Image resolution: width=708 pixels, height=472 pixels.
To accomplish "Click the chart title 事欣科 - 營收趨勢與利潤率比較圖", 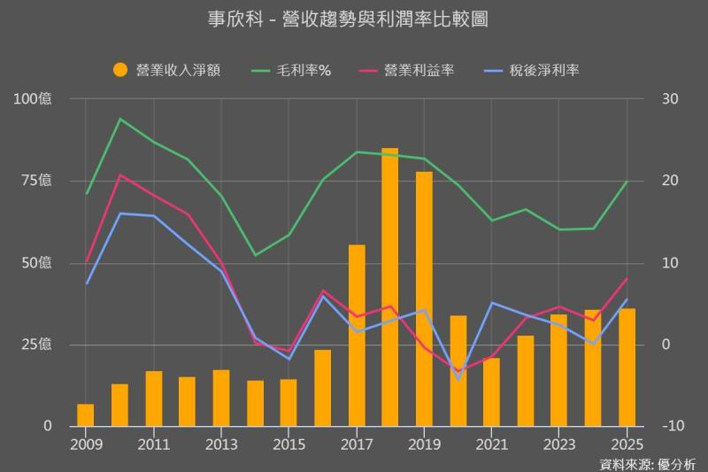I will tap(354, 19).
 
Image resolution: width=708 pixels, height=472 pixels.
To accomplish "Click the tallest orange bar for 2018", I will tap(390, 287).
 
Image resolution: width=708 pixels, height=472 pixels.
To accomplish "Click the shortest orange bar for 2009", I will tap(86, 415).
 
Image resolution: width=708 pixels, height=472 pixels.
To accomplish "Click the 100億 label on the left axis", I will tap(33, 98).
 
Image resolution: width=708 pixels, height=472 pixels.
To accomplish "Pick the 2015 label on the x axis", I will tap(289, 443).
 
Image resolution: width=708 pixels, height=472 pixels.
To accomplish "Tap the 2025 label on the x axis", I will tap(627, 443).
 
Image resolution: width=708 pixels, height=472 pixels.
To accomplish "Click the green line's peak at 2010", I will tap(119, 119).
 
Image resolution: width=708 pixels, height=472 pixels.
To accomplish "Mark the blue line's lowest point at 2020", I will tap(458, 379).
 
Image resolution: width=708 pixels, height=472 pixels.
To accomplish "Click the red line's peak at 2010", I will tap(119, 174).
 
